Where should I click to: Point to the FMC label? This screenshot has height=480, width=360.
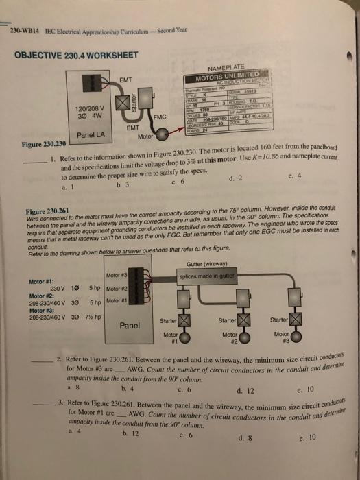160,118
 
